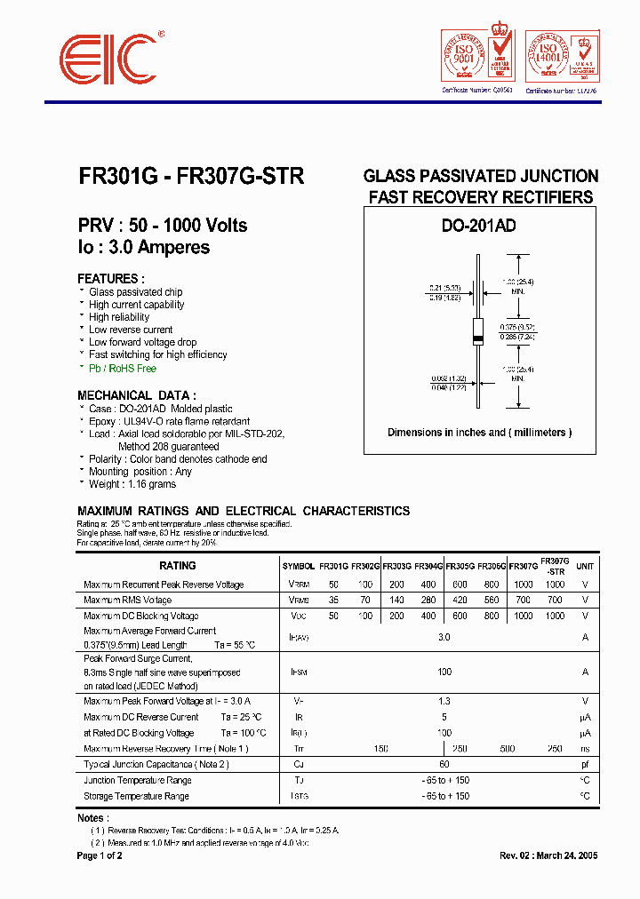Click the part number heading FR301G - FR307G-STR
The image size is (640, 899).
[x=191, y=176]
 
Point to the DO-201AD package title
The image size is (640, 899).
[x=479, y=227]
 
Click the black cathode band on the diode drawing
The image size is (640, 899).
[x=477, y=341]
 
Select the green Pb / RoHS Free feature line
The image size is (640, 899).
[x=122, y=368]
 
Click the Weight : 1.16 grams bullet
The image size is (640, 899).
[x=132, y=484]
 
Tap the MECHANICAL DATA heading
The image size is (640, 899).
[x=137, y=395]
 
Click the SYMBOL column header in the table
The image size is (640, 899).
[x=299, y=566]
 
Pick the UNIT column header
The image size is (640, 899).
[x=585, y=566]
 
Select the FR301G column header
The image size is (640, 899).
[x=333, y=566]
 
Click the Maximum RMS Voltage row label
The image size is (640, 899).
[x=128, y=601]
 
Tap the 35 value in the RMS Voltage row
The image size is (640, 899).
[x=333, y=601]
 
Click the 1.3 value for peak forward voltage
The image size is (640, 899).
[x=444, y=701]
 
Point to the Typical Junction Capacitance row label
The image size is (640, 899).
[x=156, y=764]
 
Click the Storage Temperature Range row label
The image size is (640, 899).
[x=136, y=796]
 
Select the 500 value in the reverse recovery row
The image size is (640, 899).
[x=508, y=749]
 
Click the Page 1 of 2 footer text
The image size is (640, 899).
[x=100, y=855]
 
